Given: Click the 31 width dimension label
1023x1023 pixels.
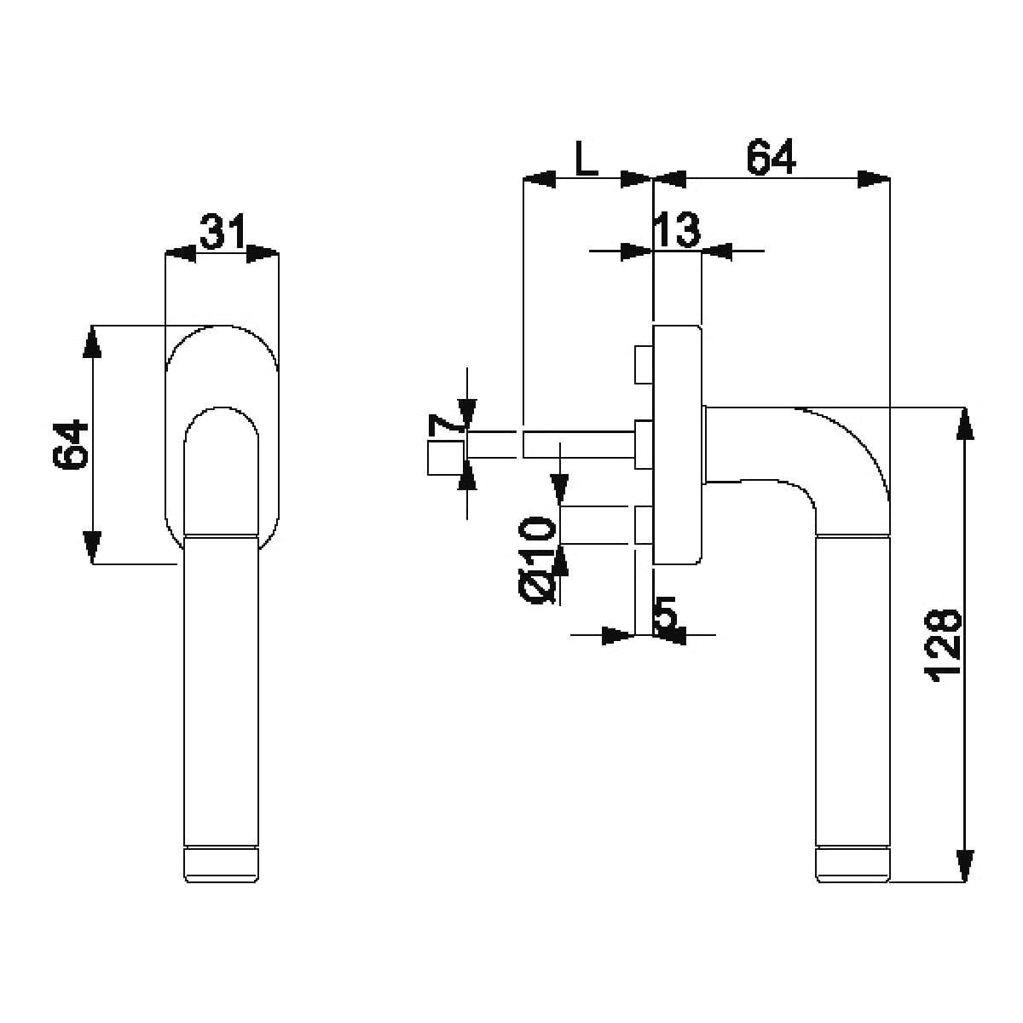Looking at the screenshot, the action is pos(222,231).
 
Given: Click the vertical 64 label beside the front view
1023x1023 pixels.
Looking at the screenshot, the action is pos(71,444).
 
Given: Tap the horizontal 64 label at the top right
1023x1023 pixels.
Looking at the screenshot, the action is pos(771,157).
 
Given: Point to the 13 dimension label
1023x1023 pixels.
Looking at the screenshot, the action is pos(677,229).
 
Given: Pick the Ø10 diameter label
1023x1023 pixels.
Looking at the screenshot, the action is pos(537,560).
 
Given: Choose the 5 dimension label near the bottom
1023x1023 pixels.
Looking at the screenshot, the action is pos(667,615).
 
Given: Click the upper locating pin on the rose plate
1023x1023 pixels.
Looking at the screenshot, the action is pos(644,364).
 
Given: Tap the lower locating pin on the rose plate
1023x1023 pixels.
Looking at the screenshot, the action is pos(644,525).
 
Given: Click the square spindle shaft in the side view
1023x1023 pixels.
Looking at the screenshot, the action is pos(579,445).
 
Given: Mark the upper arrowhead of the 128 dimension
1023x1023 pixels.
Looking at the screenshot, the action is pos(963,424).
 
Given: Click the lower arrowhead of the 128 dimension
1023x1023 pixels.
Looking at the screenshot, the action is pos(963,865).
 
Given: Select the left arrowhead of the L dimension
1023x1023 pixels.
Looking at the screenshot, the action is pos(540,179).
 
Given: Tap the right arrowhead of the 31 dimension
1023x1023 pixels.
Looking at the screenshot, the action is pos(263,253).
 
